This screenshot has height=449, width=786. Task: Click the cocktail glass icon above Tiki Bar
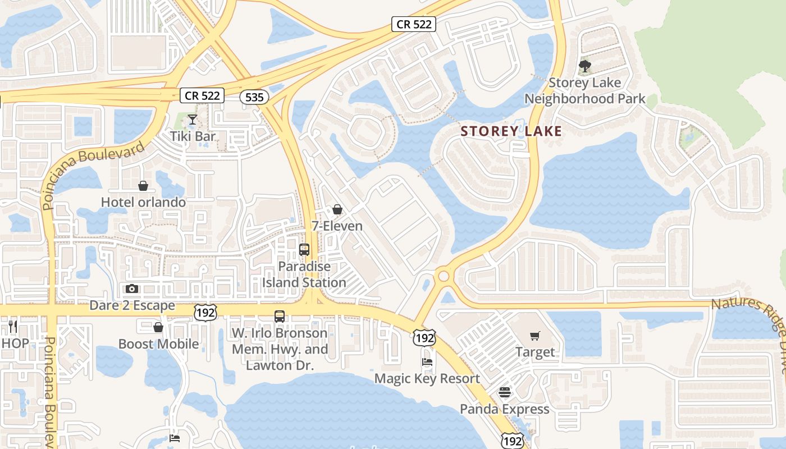(193, 119)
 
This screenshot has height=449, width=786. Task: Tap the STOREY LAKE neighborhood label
(511, 131)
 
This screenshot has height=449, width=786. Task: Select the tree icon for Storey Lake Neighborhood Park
(584, 66)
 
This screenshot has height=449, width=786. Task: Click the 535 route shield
(254, 97)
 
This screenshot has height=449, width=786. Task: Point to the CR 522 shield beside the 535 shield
(202, 95)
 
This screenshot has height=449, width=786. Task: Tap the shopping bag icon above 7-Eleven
(337, 209)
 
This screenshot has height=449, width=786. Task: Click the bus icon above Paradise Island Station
(304, 250)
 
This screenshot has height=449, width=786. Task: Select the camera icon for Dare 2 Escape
(132, 288)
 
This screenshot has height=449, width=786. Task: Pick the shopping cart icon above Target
(535, 336)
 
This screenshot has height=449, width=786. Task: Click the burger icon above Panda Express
(505, 392)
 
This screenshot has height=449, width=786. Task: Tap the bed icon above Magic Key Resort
(427, 362)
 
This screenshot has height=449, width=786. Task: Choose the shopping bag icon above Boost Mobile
(158, 327)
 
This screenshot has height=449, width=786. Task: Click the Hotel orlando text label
(143, 202)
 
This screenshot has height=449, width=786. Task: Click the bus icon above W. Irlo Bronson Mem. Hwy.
(280, 317)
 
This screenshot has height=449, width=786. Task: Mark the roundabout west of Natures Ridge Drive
(444, 276)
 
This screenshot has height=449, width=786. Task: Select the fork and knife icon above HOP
(13, 326)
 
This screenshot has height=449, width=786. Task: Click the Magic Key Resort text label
(427, 379)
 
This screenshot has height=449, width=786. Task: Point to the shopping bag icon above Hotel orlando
(143, 185)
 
